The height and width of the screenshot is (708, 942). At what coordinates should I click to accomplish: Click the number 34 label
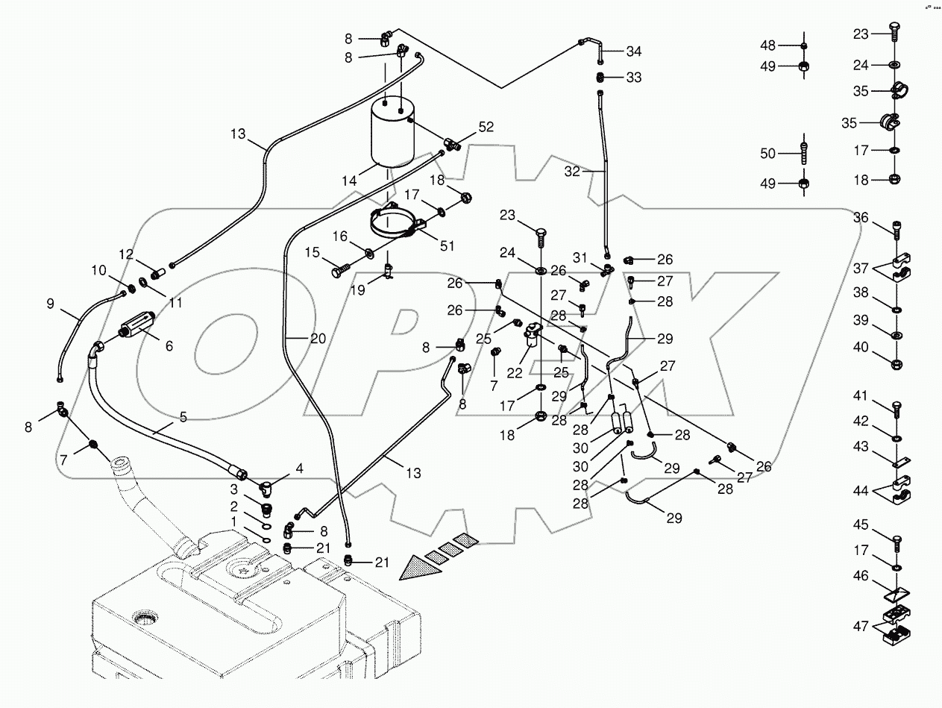pos(633,51)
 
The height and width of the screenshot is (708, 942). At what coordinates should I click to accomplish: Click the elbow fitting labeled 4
pos(266,489)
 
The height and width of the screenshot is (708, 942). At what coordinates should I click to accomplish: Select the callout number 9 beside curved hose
pos(51,304)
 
